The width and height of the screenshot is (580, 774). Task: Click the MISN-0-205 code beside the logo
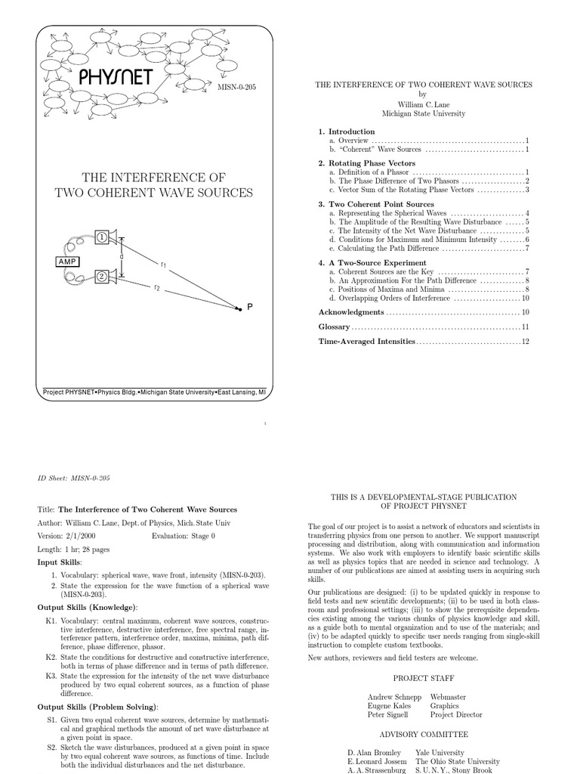click(236, 88)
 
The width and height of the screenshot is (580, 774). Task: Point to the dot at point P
click(239, 307)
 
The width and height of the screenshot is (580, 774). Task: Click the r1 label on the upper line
click(163, 264)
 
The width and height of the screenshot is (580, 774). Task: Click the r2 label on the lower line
click(157, 287)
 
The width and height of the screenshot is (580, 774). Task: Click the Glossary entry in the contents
click(334, 327)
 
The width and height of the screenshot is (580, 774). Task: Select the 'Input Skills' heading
click(59, 563)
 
